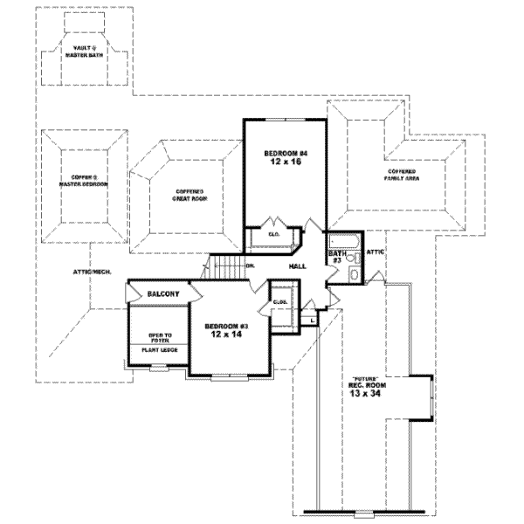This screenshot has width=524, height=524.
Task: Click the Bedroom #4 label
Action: pos(286,153)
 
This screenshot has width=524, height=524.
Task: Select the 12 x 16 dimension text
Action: pos(286,162)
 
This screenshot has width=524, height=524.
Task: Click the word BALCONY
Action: pos(163,294)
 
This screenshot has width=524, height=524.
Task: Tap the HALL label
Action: pos(297,265)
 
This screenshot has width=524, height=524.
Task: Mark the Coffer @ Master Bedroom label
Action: pos(83,182)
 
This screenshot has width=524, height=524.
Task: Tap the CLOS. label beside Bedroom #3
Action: pos(279,302)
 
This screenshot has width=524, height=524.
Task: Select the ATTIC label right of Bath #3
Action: pos(376,252)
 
